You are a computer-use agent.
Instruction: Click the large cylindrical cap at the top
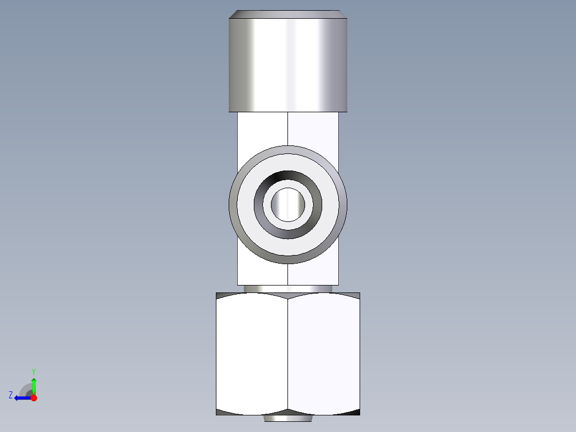point(288,64)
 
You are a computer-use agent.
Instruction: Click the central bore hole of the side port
point(288,204)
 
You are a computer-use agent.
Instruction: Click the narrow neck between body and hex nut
point(288,289)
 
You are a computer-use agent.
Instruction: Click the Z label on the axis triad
point(11,395)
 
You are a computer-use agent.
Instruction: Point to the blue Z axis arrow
point(21,398)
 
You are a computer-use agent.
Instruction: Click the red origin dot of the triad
point(34,398)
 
